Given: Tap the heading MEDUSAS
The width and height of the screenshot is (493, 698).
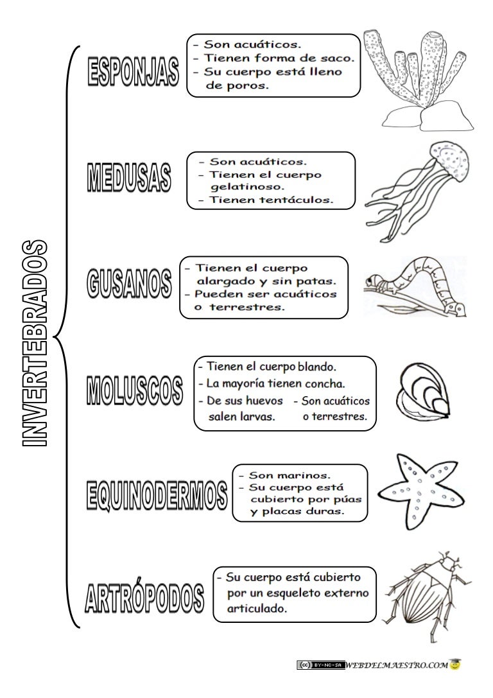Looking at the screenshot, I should (x=129, y=177).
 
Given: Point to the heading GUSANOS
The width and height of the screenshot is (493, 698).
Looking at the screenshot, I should (x=129, y=284).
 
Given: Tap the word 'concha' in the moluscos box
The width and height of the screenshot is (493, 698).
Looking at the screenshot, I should (x=325, y=385).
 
